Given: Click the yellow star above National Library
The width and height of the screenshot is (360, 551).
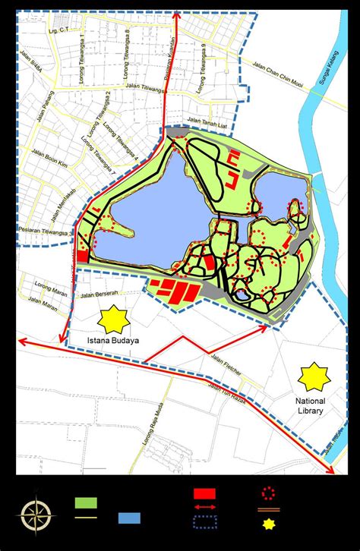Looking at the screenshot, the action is point(312,376).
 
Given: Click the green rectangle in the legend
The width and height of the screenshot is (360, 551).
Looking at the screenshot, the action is point(84,502).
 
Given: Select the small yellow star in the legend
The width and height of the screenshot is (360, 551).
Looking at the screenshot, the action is point(267,523).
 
